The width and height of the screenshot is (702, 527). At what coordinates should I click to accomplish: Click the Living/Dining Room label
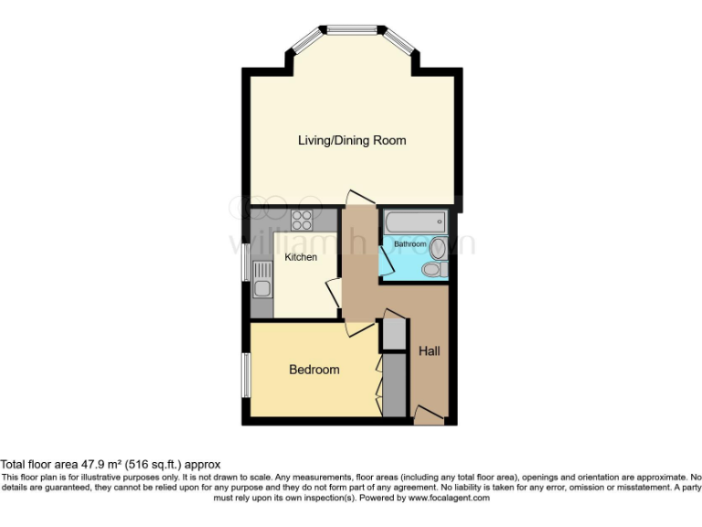tap(352, 140)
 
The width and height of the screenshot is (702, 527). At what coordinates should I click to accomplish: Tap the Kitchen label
tap(301, 257)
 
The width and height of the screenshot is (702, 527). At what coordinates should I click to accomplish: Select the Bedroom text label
tap(314, 370)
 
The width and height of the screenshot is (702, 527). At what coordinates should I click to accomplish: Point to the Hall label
tap(430, 350)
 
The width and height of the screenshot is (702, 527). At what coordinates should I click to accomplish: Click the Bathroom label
tap(409, 244)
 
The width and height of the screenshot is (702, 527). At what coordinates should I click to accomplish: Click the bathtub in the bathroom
tap(415, 221)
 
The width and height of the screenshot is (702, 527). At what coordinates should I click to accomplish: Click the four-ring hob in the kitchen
tap(303, 220)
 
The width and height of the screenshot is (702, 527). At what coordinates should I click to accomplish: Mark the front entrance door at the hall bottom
tap(427, 415)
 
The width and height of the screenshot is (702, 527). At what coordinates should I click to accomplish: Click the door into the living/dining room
tap(359, 198)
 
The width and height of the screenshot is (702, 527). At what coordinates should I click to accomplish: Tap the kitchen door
tap(334, 294)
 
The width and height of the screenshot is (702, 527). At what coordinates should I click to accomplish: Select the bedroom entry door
tap(358, 328)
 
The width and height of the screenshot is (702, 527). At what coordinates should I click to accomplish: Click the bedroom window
tap(245, 373)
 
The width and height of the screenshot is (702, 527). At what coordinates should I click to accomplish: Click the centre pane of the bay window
tap(352, 30)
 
